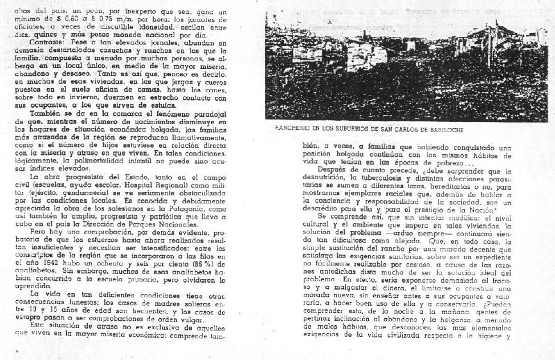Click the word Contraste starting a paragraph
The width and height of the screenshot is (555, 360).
(48, 43)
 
